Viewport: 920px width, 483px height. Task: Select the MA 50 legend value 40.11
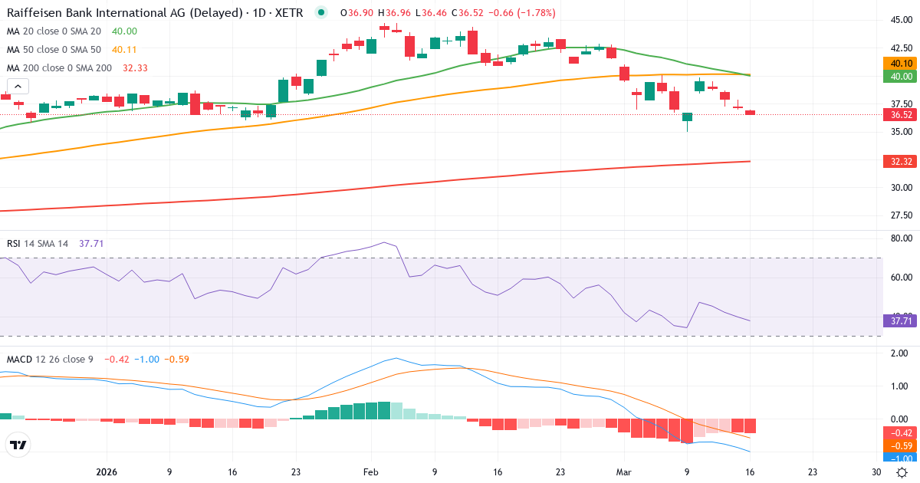coord(124,50)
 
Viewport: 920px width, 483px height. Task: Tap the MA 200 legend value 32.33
coord(135,68)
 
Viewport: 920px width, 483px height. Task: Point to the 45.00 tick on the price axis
coord(900,21)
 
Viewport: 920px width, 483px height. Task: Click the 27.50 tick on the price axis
coord(900,215)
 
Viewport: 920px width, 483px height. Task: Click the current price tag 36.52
coord(901,115)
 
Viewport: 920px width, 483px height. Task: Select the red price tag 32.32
coord(901,162)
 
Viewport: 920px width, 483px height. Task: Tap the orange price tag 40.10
coord(901,64)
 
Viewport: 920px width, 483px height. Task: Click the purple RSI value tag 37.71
coord(901,320)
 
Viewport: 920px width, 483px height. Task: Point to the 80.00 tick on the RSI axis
coord(900,238)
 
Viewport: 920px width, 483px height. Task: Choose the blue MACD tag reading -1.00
coord(901,458)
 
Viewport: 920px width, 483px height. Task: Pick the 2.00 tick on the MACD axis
coord(900,353)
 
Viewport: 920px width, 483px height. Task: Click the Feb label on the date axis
coord(371,472)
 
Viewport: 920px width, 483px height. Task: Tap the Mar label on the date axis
coord(623,472)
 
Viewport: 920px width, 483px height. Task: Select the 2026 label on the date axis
coord(106,472)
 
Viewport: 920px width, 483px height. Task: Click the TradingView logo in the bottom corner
coord(18,445)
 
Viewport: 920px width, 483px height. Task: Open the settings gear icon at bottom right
coord(902,472)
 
